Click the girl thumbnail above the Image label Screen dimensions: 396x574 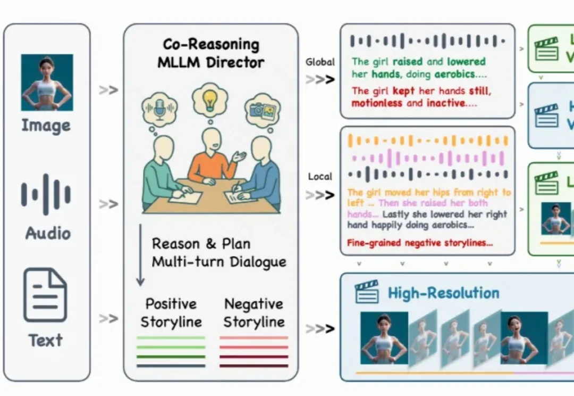pyautogui.click(x=47, y=82)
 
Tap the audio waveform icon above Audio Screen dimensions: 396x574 pyautogui.click(x=46, y=194)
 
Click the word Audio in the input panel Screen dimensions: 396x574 pyautogui.click(x=47, y=233)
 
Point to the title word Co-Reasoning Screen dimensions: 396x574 pyautogui.click(x=211, y=45)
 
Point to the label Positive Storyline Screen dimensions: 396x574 pyautogui.click(x=171, y=312)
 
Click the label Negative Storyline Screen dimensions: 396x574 pyautogui.click(x=254, y=312)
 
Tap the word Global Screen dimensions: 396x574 pyautogui.click(x=320, y=62)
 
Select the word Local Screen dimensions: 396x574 pyautogui.click(x=320, y=176)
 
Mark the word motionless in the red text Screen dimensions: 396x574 pyautogui.click(x=377, y=103)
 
